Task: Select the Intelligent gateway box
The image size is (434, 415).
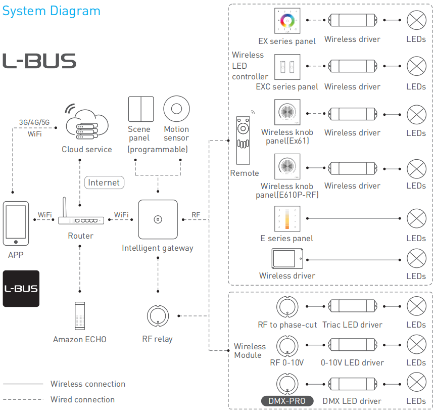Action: click(x=158, y=219)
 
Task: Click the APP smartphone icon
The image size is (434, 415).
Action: click(x=16, y=223)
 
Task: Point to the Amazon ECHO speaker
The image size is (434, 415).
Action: click(x=80, y=316)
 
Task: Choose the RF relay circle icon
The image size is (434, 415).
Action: click(x=158, y=316)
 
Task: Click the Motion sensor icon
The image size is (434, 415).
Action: click(x=177, y=109)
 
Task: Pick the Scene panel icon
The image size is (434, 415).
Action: click(x=141, y=109)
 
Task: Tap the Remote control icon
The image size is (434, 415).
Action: click(x=243, y=141)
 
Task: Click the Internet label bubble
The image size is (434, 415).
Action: click(x=104, y=182)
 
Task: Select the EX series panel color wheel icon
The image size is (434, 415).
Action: click(x=287, y=21)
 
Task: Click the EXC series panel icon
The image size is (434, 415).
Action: click(x=287, y=67)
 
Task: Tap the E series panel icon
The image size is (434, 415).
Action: click(x=287, y=219)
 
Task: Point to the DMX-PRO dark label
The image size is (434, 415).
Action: click(x=287, y=401)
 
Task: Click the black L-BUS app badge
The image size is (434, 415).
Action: click(x=21, y=289)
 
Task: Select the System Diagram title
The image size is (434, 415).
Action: click(x=51, y=11)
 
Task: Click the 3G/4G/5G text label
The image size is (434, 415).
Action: click(x=34, y=122)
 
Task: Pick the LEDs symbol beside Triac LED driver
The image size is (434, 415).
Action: click(x=416, y=306)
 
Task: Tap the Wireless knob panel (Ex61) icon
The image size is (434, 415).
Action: click(x=287, y=112)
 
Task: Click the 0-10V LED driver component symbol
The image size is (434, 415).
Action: click(x=353, y=345)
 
